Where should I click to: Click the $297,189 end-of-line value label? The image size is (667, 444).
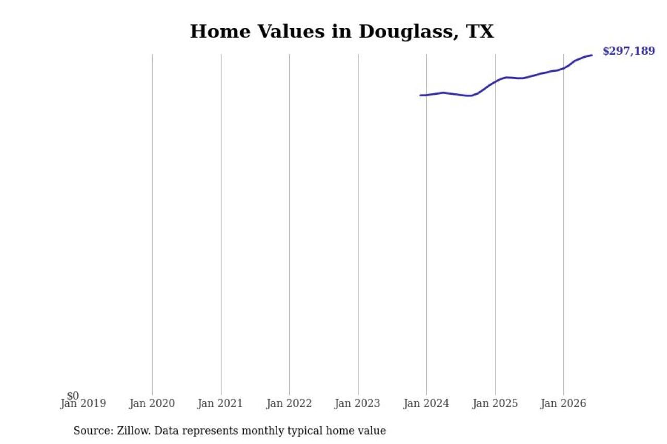pos(628,51)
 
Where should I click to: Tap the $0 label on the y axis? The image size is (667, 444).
pos(73,396)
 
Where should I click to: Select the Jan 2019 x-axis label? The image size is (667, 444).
pos(83,403)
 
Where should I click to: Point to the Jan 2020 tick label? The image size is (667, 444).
pos(152,403)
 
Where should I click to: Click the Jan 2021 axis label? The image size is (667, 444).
pos(220,403)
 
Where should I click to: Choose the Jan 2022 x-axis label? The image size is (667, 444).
pos(289,403)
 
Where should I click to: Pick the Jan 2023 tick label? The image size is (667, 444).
pos(357,403)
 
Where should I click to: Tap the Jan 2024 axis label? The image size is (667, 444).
pos(426,403)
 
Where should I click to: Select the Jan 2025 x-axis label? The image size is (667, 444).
pos(495,403)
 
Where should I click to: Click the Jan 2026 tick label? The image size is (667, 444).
pos(563,403)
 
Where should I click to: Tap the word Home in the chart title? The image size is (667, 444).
pos(220,31)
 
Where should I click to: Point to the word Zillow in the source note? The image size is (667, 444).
pos(134,430)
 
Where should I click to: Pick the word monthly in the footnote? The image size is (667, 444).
pos(263,431)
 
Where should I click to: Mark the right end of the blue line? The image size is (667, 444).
pos(592,55)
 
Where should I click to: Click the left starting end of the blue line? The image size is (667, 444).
pos(420,95)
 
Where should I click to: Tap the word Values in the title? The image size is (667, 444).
pos(291,31)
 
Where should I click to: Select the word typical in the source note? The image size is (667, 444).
pos(305,431)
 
